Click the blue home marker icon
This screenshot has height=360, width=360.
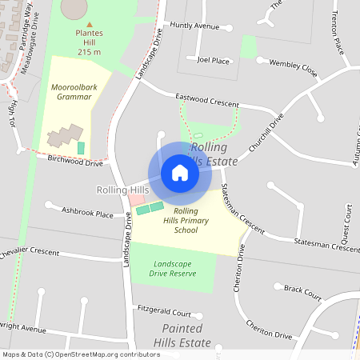click(x=180, y=173)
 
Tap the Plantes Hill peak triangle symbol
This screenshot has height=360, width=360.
click(x=89, y=24)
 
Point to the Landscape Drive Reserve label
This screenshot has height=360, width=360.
click(x=174, y=268)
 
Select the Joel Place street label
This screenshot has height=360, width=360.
click(x=214, y=60)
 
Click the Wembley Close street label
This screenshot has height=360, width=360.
click(x=293, y=68)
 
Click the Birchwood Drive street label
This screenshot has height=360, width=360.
click(x=76, y=162)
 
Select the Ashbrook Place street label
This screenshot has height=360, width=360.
click(x=87, y=214)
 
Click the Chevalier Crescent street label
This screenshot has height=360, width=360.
click(x=30, y=252)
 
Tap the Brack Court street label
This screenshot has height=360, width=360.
click(x=302, y=293)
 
